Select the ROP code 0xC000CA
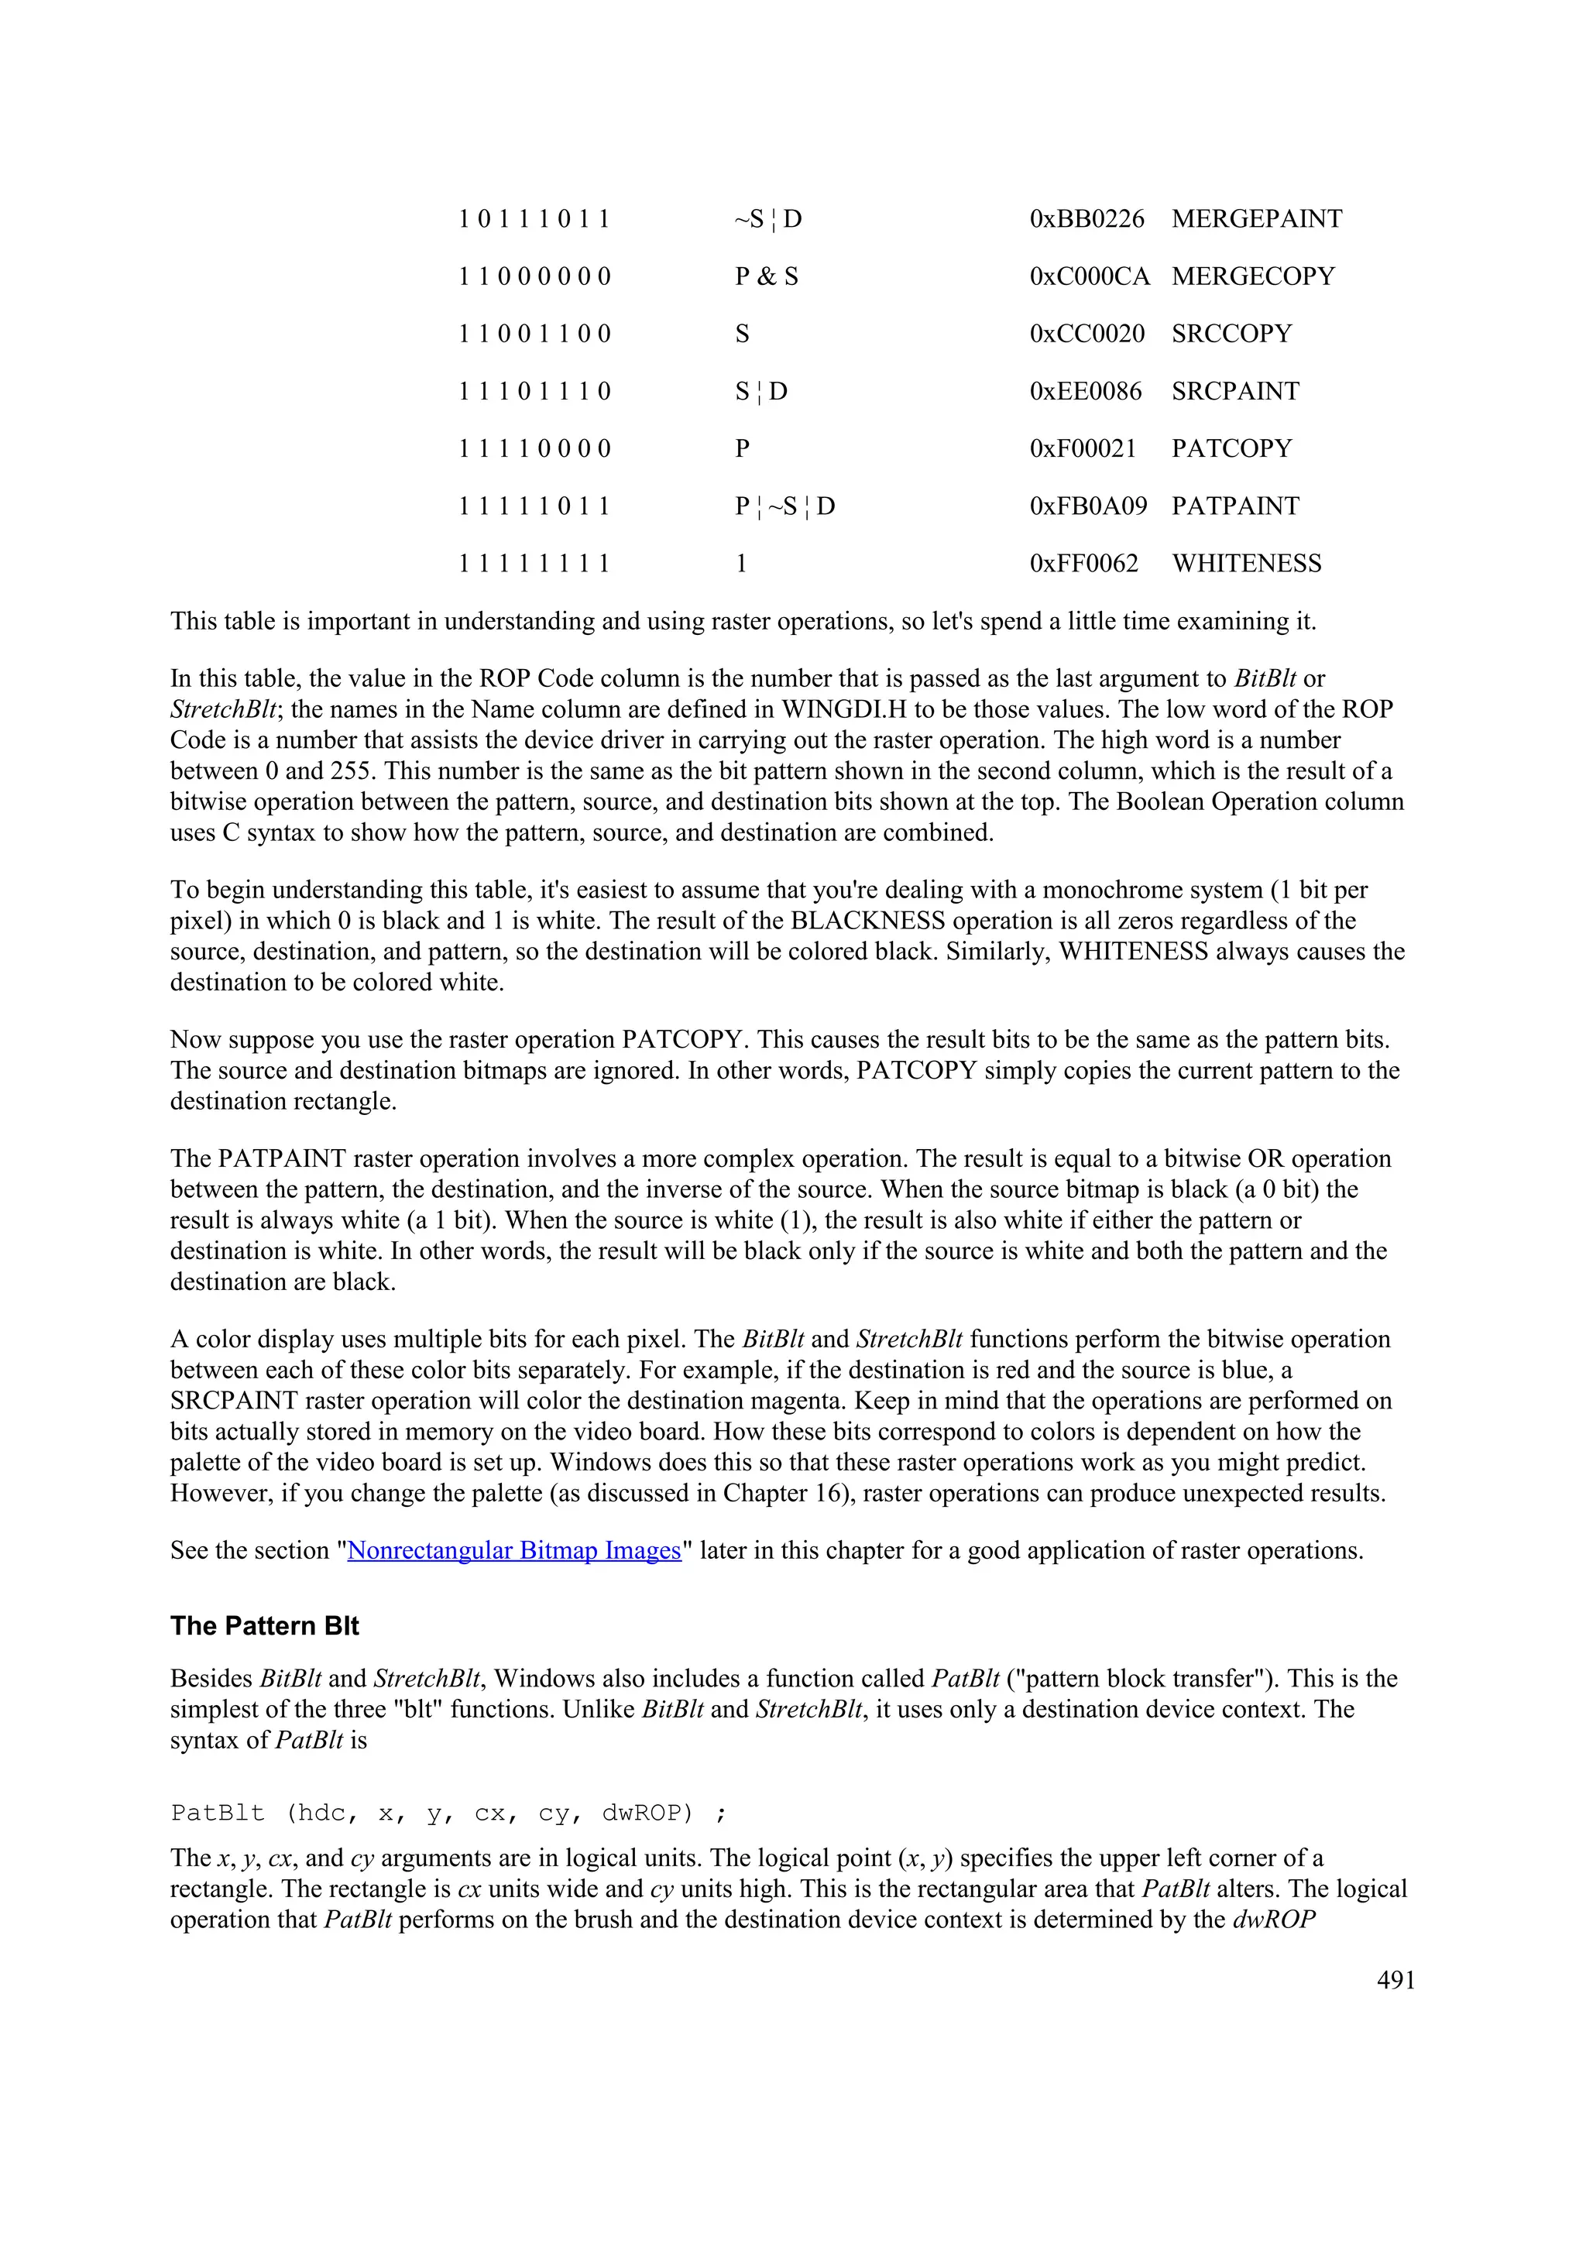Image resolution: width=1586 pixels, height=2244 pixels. tap(1089, 276)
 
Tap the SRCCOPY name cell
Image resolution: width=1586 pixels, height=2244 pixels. tap(1231, 335)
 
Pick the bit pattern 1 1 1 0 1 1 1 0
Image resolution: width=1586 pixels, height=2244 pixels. tap(534, 392)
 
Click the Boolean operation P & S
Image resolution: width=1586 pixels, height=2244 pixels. tap(766, 276)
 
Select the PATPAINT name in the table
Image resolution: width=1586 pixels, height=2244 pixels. tap(1234, 506)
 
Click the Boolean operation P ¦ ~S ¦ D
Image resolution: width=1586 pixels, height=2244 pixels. tap(784, 506)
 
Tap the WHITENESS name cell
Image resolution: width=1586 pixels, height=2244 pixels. tap(1246, 564)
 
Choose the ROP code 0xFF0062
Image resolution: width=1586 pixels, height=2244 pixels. tap(1083, 564)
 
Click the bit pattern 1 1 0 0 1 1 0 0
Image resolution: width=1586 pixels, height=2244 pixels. tap(534, 335)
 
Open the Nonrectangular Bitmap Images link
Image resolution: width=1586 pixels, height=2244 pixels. tap(514, 1551)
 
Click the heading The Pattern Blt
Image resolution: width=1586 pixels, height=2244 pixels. tap(264, 1626)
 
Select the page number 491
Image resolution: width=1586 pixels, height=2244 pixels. tap(1395, 1980)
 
